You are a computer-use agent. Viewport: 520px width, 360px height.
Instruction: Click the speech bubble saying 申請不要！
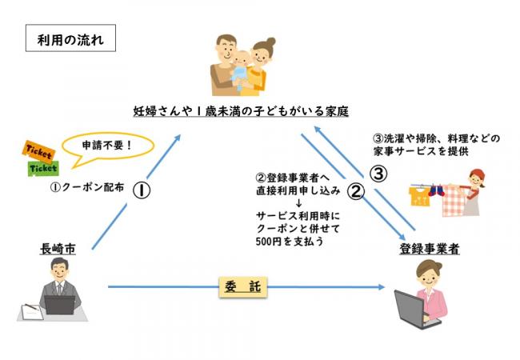(x=106, y=148)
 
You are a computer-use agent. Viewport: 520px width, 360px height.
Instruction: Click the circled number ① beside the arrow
(x=141, y=190)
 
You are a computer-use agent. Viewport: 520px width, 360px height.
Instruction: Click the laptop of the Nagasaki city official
(x=59, y=305)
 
